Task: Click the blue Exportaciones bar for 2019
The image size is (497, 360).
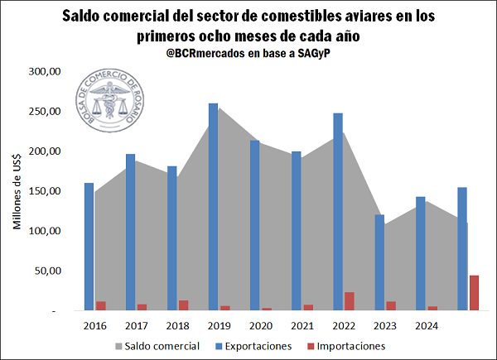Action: pos(214,207)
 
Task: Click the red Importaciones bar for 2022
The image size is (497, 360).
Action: pos(350,301)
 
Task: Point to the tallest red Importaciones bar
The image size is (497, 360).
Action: pos(474,293)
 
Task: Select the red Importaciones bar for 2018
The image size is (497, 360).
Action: pos(184,305)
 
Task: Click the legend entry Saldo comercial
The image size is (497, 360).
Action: pos(157,346)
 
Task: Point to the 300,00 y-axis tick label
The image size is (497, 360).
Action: pos(46,72)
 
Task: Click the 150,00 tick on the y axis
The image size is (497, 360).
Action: pos(46,192)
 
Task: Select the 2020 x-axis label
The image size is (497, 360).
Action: pos(261,325)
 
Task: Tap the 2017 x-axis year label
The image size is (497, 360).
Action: pos(137,325)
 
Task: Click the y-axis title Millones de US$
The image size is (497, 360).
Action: pos(17,192)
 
